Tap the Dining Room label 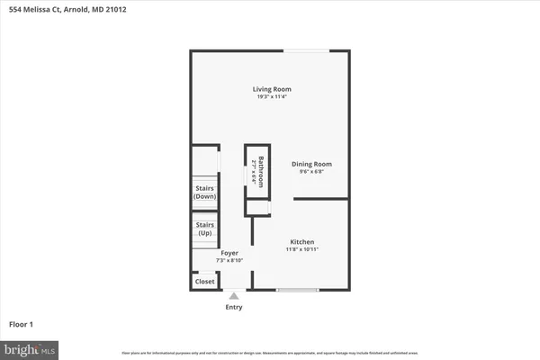[311, 164]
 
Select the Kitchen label [301, 241]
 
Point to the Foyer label [229, 253]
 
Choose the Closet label [205, 282]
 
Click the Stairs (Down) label [205, 192]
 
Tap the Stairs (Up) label [205, 229]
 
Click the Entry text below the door [233, 307]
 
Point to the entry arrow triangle [233, 295]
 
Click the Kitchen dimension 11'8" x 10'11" [301, 248]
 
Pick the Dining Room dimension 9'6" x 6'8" [311, 171]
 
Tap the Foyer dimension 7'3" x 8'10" [229, 260]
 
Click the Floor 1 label [22, 324]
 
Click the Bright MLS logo [30, 346]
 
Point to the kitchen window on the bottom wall [297, 289]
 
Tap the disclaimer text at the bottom [270, 351]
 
